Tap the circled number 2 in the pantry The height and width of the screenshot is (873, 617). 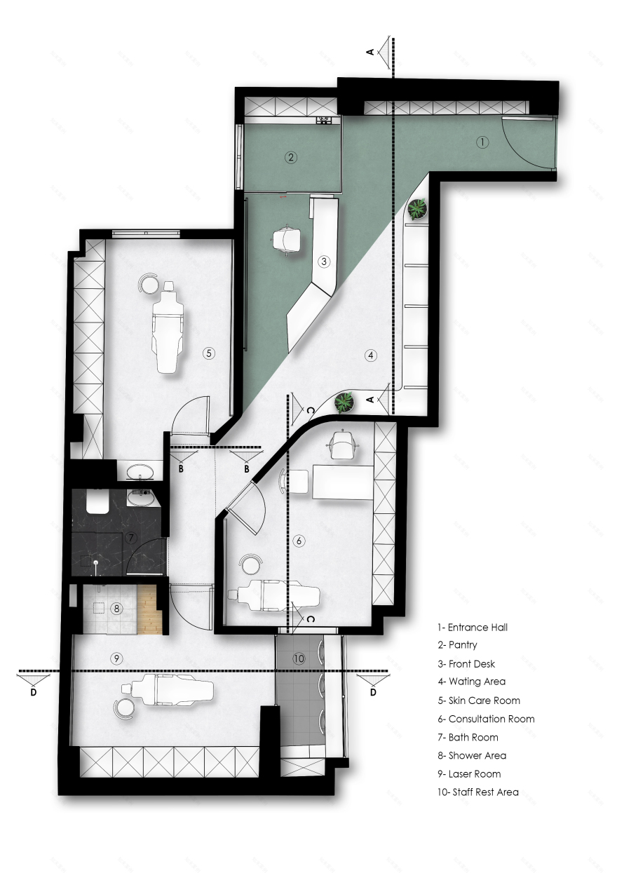tap(290, 157)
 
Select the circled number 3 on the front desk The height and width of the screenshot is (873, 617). tap(323, 262)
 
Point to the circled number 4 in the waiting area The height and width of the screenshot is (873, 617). tap(371, 355)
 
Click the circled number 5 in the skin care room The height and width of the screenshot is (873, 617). tap(208, 353)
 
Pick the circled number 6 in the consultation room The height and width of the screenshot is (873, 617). tap(299, 541)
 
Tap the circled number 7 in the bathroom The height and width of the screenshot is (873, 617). tap(130, 538)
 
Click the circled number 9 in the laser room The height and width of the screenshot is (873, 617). tap(117, 658)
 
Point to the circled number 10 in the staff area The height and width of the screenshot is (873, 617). tap(299, 658)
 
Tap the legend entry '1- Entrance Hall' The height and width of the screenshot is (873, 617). tap(472, 627)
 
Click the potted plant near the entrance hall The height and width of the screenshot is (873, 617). tap(418, 208)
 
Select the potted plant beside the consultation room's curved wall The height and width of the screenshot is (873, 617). tap(344, 402)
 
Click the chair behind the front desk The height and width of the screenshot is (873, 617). tap(287, 240)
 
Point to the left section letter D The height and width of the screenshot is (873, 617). tap(34, 691)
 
